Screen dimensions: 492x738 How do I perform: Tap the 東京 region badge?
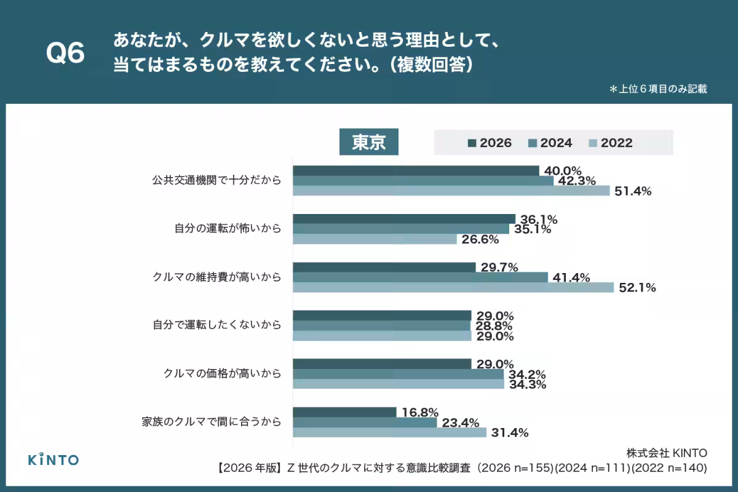coord(369,143)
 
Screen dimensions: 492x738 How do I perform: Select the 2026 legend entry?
coord(490,143)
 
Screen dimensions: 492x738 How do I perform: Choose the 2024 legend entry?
coord(550,143)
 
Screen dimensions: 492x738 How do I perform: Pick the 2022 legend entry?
coord(610,143)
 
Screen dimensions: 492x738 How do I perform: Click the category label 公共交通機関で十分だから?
coord(216,181)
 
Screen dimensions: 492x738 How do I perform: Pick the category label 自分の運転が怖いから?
coord(228,229)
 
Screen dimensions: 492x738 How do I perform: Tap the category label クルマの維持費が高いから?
coord(216,277)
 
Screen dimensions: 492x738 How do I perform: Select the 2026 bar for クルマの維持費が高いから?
coord(384,267)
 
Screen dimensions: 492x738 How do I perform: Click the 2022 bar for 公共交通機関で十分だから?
coord(451,191)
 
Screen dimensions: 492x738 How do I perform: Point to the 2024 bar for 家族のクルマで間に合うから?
coord(365,422)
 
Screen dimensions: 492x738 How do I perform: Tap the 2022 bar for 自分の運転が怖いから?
coord(375,239)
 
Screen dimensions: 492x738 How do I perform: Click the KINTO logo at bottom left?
coord(54,459)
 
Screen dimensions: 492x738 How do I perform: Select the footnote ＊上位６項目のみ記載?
coord(657,89)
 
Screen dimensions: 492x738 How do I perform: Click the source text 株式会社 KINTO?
coord(667,453)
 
